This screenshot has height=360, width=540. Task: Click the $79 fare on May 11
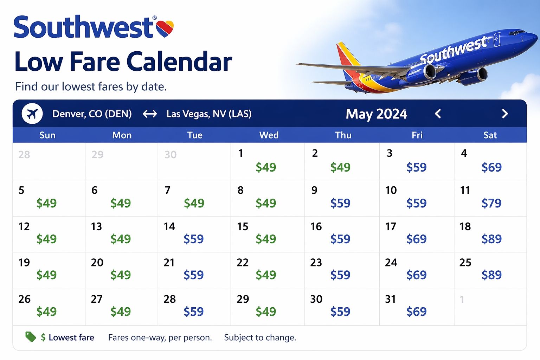click(491, 203)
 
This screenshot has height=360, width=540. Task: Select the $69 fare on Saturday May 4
click(491, 167)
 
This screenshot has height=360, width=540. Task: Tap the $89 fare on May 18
click(491, 239)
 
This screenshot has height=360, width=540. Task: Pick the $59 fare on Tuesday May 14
click(193, 239)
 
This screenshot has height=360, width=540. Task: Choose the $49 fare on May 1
click(265, 167)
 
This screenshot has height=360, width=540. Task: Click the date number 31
click(390, 299)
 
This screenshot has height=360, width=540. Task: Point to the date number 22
click(243, 263)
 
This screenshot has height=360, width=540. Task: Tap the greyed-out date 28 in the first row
click(24, 155)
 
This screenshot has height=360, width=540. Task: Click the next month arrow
click(505, 114)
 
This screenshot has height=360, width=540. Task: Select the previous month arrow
click(438, 114)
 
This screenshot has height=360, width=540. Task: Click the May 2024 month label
click(376, 114)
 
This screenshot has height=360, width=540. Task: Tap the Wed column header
click(269, 135)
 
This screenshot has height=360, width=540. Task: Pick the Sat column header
click(490, 135)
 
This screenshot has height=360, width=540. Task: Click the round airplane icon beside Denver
click(32, 114)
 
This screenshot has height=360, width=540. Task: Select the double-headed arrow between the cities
click(150, 114)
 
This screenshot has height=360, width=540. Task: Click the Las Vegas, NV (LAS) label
click(209, 114)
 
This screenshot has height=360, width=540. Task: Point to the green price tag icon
click(31, 337)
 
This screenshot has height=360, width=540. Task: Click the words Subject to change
click(260, 337)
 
